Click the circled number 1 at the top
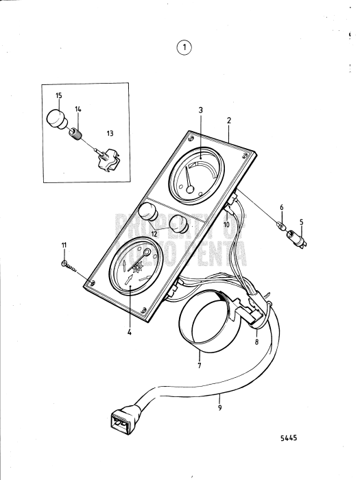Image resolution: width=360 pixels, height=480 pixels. pos(183,47)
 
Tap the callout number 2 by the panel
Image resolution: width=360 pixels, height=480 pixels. pos(229,119)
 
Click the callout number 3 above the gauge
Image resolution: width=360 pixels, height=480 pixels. pos(200,109)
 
